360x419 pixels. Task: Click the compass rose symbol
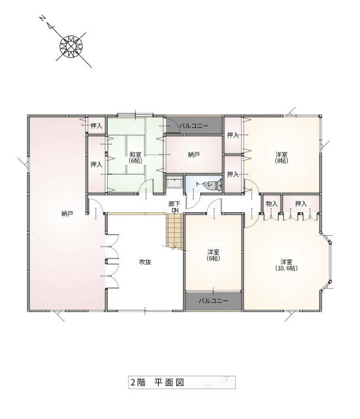(71, 46)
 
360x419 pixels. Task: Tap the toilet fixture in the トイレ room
(217, 185)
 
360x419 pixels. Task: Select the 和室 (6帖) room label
(135, 158)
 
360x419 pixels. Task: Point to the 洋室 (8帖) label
(281, 158)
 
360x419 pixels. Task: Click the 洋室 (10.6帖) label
(286, 265)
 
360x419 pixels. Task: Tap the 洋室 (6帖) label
(213, 255)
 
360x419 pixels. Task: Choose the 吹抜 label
(145, 262)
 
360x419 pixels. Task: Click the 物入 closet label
(272, 204)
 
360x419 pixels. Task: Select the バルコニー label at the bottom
(213, 301)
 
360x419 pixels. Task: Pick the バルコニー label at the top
(194, 126)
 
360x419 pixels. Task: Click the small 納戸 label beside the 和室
(194, 155)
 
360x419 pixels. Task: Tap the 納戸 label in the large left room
(67, 213)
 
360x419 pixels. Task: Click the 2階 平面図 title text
(157, 382)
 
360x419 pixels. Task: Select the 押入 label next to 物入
(301, 204)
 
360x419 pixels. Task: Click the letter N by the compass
(42, 18)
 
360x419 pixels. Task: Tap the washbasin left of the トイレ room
(174, 183)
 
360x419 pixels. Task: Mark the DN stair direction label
(175, 210)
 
